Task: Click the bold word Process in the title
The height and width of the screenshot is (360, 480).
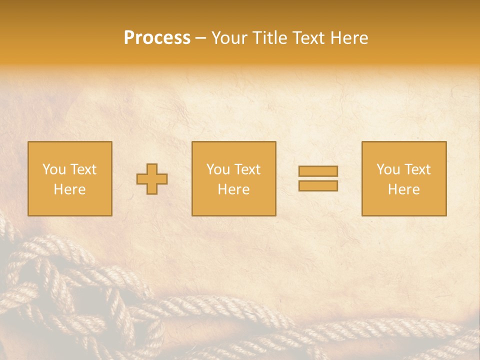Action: (157, 38)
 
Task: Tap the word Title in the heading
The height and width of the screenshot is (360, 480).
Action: (269, 38)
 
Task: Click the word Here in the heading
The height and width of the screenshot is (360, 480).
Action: (349, 38)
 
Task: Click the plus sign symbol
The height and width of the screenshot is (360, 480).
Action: (152, 179)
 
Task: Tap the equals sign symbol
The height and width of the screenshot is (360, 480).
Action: (318, 178)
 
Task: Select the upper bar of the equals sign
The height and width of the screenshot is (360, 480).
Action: (318, 171)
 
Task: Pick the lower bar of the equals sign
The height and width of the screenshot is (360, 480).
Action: (318, 186)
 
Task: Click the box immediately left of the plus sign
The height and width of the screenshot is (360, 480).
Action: (70, 178)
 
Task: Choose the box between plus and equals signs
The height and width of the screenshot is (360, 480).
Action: (233, 178)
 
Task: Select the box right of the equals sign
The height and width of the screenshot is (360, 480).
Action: (404, 178)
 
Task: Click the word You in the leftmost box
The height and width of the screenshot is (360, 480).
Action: (53, 169)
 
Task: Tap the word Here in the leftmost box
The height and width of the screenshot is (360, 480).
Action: (70, 189)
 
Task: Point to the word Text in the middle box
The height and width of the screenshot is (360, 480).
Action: (247, 169)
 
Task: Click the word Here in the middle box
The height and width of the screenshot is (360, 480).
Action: (233, 189)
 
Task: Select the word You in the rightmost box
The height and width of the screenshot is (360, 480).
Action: (387, 169)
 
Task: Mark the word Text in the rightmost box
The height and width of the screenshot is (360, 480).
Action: (417, 169)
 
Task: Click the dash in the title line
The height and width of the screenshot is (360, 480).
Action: (201, 38)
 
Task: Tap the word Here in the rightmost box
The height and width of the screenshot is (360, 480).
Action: (404, 189)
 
